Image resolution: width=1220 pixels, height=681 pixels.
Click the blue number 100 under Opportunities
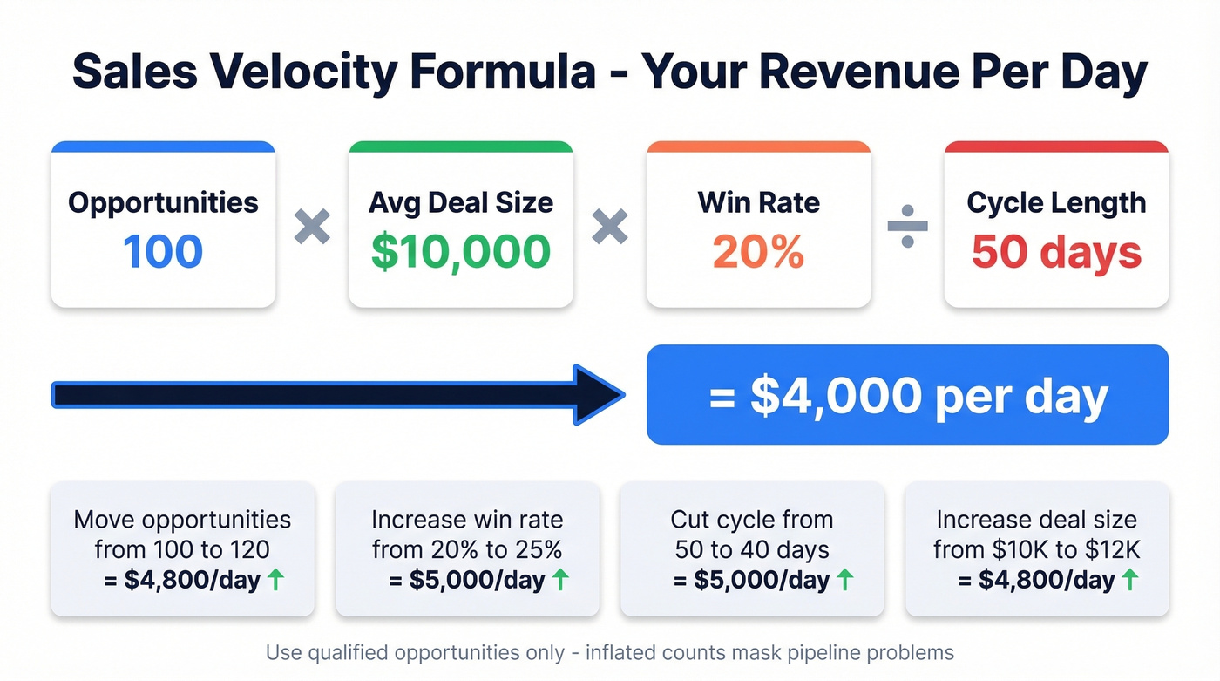pos(163,251)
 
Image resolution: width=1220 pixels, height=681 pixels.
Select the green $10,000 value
pos(460,251)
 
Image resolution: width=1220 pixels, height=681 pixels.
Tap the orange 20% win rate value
pos(758,251)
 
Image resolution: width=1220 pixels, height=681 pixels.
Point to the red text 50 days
pos(1056,251)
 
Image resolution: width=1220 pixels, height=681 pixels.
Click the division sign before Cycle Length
pos(907,227)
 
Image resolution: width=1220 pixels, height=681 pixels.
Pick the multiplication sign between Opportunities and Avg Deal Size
pos(312,227)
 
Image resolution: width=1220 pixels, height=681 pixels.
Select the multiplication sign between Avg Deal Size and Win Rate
pos(610,227)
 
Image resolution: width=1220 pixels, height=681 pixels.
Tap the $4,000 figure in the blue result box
pos(836,396)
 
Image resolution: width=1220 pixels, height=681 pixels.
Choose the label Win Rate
pos(758,202)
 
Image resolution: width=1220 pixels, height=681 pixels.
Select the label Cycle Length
pos(1056,202)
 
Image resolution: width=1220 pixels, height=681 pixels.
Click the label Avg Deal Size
pos(460,202)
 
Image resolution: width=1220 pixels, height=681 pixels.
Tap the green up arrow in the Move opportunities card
pos(275,580)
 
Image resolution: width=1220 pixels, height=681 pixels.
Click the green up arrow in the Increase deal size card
pos(1129,580)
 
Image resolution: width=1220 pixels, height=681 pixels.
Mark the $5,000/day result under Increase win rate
pos(466,580)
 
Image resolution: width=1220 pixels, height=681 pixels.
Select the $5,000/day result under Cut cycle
pos(751,580)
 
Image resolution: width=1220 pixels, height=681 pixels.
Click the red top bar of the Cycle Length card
pos(1056,146)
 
